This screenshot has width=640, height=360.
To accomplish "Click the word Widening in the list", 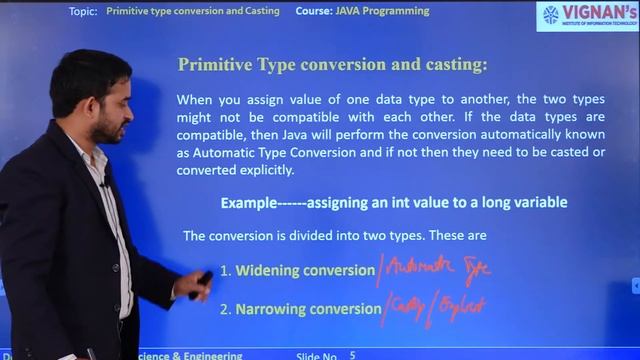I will coord(265,271).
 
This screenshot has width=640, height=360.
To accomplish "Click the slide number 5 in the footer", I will coord(352,354).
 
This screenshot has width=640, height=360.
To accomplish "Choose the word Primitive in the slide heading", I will coord(213,65).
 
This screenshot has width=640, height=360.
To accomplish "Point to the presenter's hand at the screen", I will coord(194,285).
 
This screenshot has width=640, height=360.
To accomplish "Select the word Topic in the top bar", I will coord(84,11).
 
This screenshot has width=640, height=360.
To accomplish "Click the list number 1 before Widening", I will coord(225,271).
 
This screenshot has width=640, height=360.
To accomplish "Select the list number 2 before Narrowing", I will coord(225,309).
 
